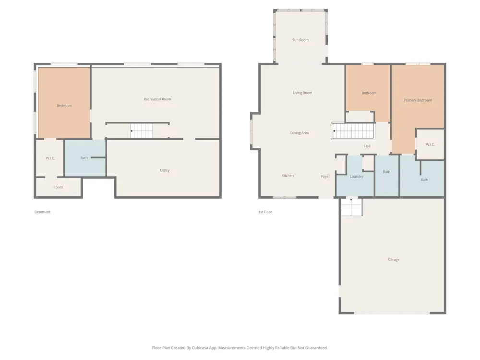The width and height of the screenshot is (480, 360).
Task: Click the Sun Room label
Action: (300, 40)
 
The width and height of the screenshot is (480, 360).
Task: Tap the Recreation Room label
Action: (157, 99)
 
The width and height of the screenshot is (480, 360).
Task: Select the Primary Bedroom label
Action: (418, 100)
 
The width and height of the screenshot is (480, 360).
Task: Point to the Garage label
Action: (394, 260)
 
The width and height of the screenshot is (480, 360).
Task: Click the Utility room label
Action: (165, 170)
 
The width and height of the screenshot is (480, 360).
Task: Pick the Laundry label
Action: (357, 177)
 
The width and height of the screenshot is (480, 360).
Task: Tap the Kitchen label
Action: (288, 175)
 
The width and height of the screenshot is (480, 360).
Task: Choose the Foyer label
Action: (325, 176)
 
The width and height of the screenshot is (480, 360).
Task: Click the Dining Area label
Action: (300, 133)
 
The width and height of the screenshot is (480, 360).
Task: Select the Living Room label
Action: (302, 93)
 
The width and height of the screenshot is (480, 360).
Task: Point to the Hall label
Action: (367, 146)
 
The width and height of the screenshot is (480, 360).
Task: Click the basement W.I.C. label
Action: (50, 158)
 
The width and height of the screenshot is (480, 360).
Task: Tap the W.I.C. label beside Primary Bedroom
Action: (430, 144)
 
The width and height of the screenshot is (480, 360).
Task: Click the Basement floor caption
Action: (42, 212)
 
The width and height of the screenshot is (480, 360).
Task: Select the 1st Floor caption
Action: (265, 212)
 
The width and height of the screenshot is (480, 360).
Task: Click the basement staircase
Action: (142, 131)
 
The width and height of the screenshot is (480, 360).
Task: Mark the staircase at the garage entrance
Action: (351, 207)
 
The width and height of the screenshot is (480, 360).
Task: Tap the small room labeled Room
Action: (58, 187)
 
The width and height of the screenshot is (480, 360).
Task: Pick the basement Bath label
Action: (84, 158)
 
